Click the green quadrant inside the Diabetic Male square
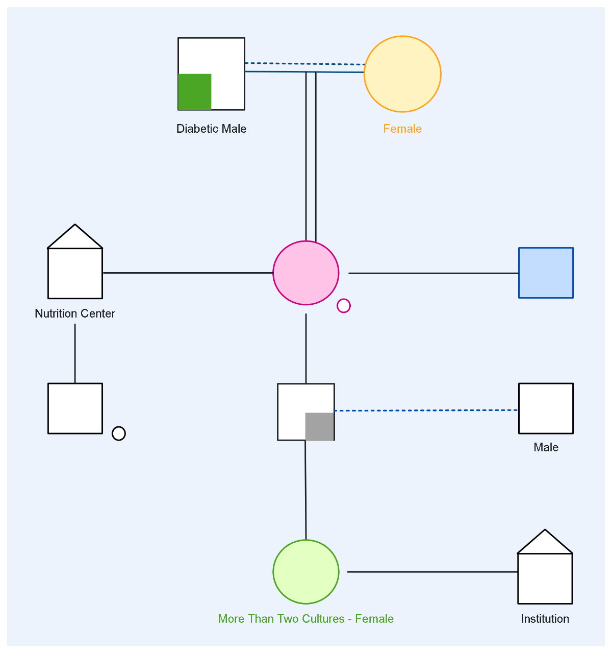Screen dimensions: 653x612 [x=194, y=92]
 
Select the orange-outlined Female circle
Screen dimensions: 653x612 [x=402, y=74]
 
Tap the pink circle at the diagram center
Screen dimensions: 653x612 [x=305, y=273]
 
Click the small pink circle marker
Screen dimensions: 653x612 [x=344, y=306]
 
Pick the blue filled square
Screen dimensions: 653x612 [x=546, y=273]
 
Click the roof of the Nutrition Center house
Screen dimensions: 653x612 [x=75, y=238]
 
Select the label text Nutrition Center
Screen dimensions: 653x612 [x=75, y=313]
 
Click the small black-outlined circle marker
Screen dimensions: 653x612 [x=119, y=433]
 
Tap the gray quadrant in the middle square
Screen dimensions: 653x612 [x=319, y=426]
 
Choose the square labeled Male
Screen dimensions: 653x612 [x=546, y=408]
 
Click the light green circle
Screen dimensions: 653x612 [x=305, y=572]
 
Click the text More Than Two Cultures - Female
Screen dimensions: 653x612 [x=305, y=619]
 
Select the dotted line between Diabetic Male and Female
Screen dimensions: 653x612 [x=304, y=64]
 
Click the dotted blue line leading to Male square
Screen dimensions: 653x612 [x=426, y=410]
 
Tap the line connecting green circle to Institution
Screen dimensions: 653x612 [x=432, y=572]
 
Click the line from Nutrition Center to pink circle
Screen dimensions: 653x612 [x=188, y=273]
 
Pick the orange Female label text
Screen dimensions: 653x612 [x=402, y=129]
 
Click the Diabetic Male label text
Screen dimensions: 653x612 [x=211, y=129]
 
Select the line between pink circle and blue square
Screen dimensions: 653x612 [x=433, y=273]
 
